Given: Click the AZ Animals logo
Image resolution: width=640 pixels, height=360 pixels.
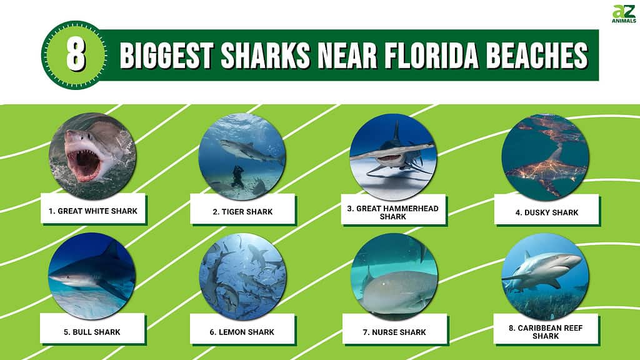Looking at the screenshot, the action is coord(624,14).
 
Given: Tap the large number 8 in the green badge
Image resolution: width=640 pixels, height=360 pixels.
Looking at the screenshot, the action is coord(76,56).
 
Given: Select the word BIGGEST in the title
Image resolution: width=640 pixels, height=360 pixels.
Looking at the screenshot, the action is coord(166,56).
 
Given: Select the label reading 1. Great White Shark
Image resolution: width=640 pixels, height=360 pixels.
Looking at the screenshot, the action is coord(93,211).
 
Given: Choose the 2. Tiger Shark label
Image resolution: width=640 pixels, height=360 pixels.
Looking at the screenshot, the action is coord(242,211).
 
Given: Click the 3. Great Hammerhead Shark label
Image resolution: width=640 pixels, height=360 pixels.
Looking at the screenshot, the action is coord(393,212).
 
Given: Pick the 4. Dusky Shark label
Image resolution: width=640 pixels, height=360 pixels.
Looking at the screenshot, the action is coord(546,212).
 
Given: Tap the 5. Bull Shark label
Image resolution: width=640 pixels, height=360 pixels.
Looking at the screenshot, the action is coord(92,332).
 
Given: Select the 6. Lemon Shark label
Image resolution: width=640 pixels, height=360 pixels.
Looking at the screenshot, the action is coord(242,332).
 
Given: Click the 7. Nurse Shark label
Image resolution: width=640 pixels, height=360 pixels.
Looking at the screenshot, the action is coord(395,332).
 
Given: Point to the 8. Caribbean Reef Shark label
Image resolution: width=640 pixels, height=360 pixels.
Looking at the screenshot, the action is coord(546,332).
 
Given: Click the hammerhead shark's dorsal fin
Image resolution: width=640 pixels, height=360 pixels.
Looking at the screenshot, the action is coord(396,131).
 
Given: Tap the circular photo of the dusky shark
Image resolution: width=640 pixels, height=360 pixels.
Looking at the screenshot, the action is coord(545,157).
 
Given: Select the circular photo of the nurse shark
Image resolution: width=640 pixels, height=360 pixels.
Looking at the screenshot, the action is coord(394,277).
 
